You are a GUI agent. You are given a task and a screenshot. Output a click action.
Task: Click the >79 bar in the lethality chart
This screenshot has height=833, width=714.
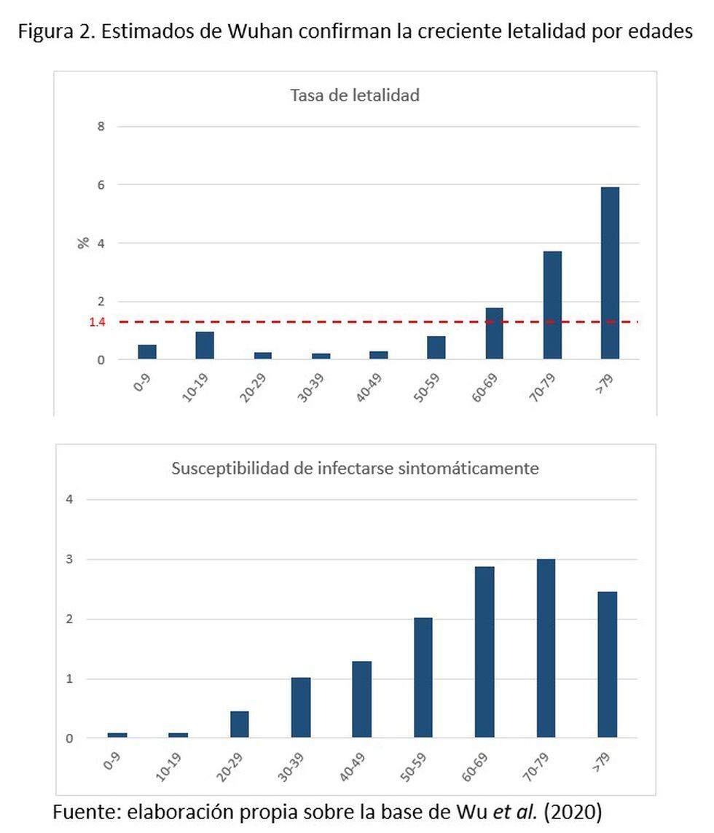coord(610,273)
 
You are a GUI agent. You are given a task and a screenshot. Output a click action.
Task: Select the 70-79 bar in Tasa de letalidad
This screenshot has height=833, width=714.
coord(552,305)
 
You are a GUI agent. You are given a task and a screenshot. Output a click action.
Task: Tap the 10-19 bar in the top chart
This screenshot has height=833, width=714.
coord(205,345)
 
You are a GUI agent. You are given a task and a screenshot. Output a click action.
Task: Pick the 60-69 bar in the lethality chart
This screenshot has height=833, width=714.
coord(494,333)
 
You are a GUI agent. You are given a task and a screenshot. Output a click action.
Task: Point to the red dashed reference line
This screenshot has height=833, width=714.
coord(364,321)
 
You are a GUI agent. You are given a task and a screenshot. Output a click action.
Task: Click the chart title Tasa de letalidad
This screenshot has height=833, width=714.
coord(355,95)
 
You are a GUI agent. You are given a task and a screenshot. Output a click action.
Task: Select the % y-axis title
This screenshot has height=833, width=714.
coord(84,243)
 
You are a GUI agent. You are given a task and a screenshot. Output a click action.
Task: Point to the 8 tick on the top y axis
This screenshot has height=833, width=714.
coord(101,127)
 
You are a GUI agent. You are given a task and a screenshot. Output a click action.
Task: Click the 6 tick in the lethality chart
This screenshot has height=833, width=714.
coord(101,185)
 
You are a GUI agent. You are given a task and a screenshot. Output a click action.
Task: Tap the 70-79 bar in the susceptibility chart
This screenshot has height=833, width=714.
coord(546,649)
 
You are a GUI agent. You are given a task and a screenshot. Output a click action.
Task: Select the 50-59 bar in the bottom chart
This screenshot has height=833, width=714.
coord(423,678)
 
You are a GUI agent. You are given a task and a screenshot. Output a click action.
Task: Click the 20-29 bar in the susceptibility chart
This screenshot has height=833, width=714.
coord(239,724)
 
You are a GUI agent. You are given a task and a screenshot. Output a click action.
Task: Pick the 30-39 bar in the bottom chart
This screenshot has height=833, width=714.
coord(300,708)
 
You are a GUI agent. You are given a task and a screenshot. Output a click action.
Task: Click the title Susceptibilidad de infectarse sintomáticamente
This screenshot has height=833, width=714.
coord(355,469)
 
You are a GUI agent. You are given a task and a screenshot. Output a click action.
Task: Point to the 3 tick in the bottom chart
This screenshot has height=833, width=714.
coord(71,560)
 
